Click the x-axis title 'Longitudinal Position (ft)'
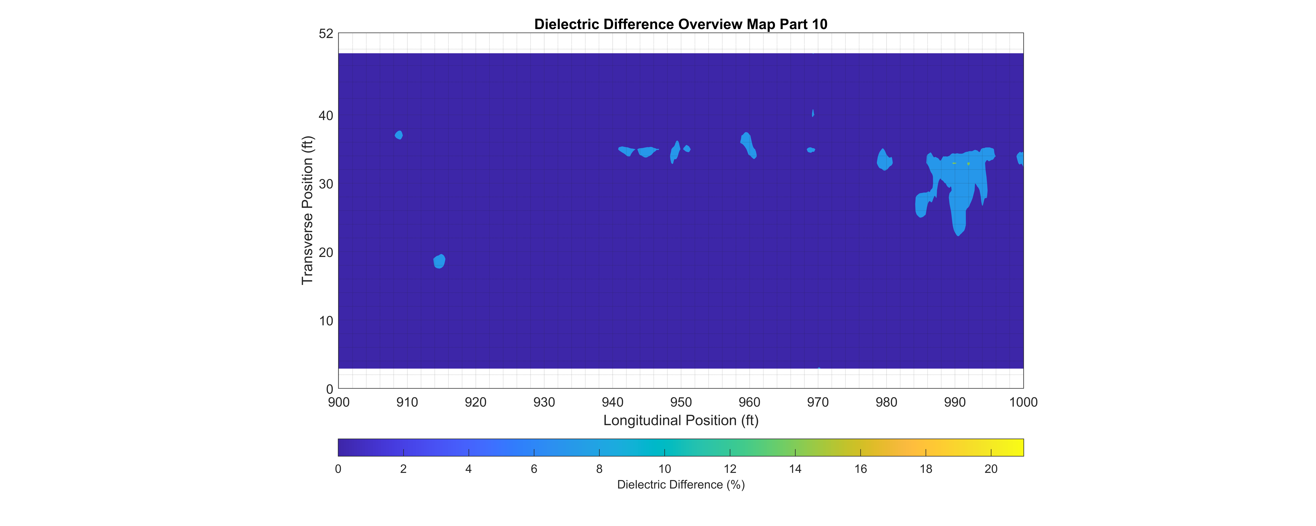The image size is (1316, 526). [681, 420]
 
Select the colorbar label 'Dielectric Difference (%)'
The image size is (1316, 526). [681, 485]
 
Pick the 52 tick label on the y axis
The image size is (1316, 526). [326, 34]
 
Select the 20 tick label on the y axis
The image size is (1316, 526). [326, 252]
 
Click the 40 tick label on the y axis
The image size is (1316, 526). [326, 115]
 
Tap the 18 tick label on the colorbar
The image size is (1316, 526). [926, 469]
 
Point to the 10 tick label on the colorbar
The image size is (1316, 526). [664, 469]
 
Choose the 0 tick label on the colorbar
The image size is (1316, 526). [338, 469]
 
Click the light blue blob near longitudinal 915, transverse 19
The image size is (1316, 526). [439, 261]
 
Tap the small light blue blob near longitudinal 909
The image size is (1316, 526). [399, 135]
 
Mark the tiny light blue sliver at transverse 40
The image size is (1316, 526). [813, 113]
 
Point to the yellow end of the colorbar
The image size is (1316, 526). [1019, 447]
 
